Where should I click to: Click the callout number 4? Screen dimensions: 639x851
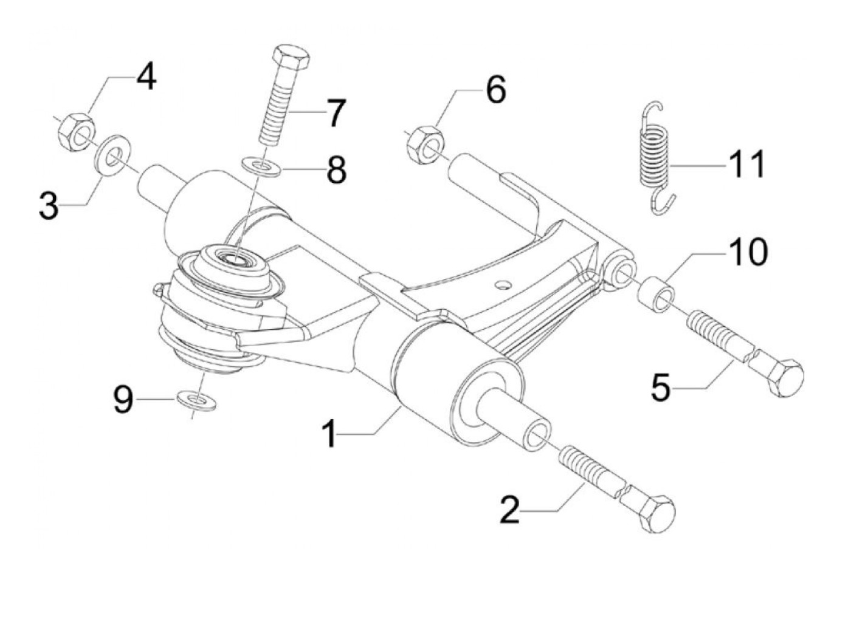(x=146, y=78)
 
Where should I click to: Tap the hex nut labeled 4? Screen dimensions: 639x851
(x=76, y=131)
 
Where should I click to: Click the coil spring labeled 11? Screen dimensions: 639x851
(x=655, y=157)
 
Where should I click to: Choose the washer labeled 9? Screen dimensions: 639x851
(x=196, y=400)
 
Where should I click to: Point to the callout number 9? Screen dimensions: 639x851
(x=124, y=400)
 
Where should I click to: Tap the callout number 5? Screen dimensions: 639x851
(x=661, y=387)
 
